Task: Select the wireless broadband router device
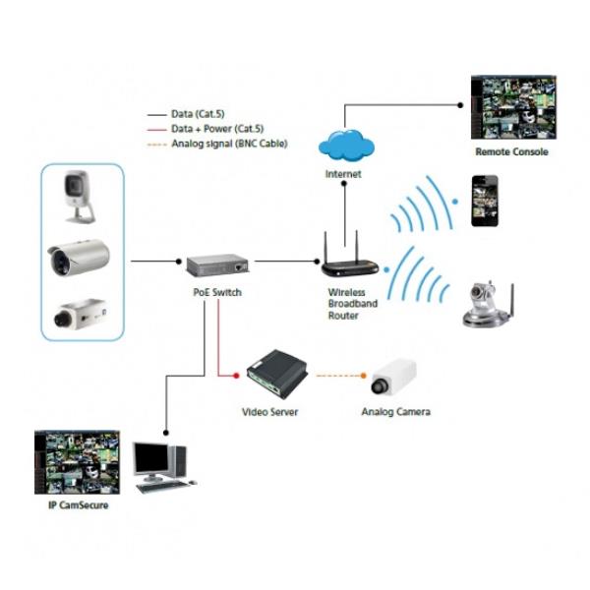point(348,261)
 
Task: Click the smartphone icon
point(482,203)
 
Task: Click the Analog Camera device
point(395,377)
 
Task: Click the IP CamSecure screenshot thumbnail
point(77,461)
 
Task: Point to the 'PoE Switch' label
point(216,293)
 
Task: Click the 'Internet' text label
point(343,174)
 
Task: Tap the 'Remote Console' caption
point(511,152)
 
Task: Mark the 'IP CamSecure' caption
point(78,505)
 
